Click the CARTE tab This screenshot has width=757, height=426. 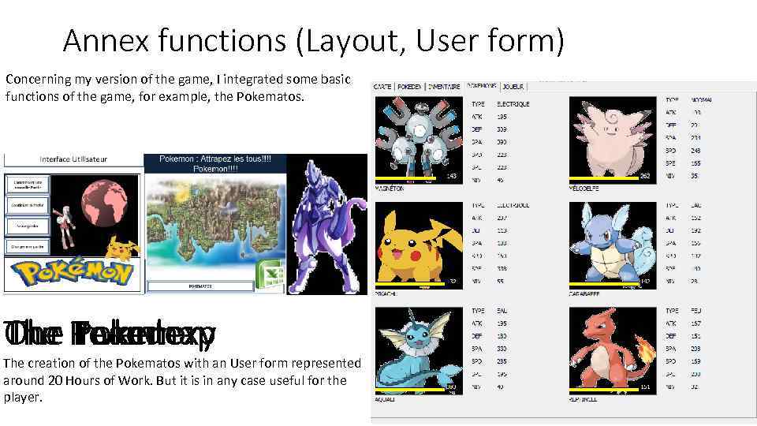tap(382, 86)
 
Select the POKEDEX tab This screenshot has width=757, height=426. tap(409, 86)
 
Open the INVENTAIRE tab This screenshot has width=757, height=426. tap(445, 86)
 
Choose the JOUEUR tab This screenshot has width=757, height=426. tap(513, 86)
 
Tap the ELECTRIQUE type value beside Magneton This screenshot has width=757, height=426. tap(513, 104)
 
